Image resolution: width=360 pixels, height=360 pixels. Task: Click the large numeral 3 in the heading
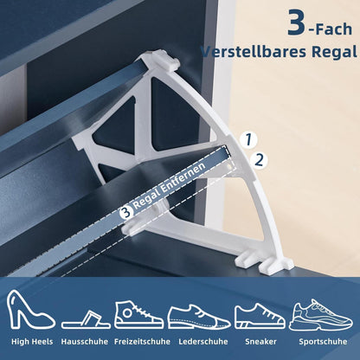(x=296, y=22)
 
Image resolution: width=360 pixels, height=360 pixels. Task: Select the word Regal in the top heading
(x=334, y=53)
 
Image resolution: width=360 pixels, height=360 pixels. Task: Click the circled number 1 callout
(x=248, y=139)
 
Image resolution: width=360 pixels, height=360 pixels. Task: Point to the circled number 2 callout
(x=259, y=160)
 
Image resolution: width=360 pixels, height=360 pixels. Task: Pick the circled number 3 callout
(x=126, y=212)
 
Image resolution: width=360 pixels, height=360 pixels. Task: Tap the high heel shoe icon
(x=30, y=310)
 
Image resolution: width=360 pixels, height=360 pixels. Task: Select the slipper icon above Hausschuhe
(x=86, y=319)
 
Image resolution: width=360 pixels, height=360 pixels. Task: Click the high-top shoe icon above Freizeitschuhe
(x=139, y=315)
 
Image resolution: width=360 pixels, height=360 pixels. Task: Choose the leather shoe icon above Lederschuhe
(x=199, y=317)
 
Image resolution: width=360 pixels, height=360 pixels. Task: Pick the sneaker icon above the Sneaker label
(x=260, y=316)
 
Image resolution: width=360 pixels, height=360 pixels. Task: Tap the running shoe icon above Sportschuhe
(x=321, y=314)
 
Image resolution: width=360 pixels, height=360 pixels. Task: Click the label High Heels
(x=32, y=342)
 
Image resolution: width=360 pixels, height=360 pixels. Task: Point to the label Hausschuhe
(x=85, y=342)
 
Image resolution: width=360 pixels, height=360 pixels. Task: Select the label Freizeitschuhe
(x=142, y=342)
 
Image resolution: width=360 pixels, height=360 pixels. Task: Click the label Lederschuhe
(x=203, y=342)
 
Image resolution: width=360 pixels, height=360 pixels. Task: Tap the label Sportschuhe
(x=323, y=342)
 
